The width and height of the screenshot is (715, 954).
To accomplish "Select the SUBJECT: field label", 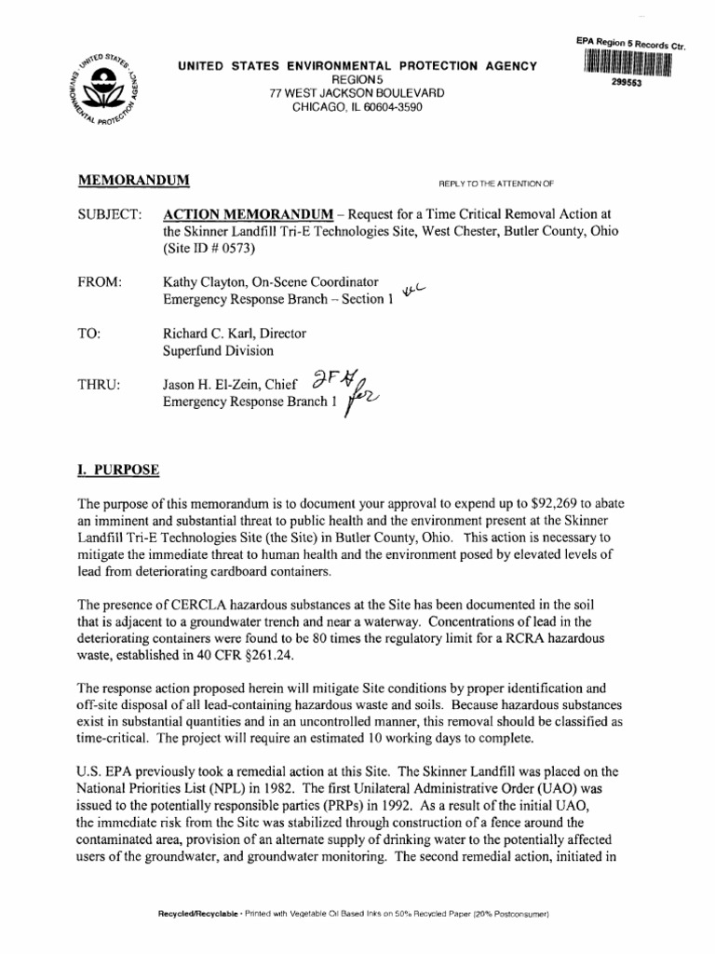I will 110,215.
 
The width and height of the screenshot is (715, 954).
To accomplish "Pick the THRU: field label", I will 100,384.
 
